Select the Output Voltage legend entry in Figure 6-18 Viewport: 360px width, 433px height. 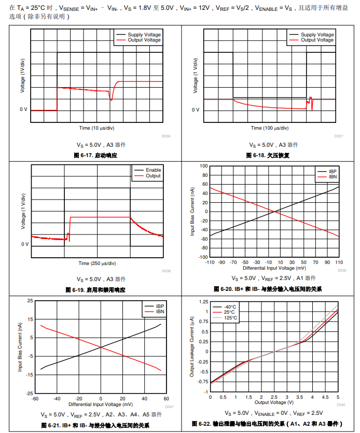[x=317, y=40]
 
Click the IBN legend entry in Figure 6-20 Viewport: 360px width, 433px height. [x=333, y=177]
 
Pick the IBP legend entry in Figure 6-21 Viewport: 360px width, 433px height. [x=160, y=306]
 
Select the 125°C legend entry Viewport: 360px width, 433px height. [x=230, y=318]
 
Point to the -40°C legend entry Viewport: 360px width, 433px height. [x=230, y=306]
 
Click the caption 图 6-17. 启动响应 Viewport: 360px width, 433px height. [x=95, y=155]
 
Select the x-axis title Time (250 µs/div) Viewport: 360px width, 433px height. [x=97, y=263]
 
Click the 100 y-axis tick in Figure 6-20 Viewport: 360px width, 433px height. [x=204, y=166]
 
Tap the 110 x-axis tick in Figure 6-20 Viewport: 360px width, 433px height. [x=339, y=262]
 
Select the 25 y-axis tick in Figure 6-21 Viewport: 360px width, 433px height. [x=30, y=301]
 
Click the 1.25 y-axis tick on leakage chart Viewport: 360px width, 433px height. [x=203, y=302]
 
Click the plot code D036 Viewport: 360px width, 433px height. [x=166, y=136]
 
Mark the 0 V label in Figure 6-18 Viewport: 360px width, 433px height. [x=195, y=110]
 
